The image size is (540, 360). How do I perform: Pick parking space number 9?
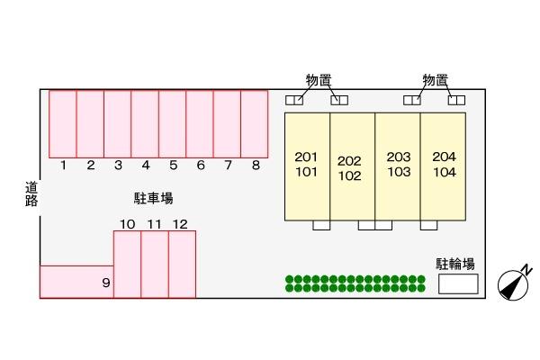(x=76, y=281)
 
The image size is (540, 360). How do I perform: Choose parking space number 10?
(x=127, y=264)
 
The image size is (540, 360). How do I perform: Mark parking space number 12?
(x=182, y=264)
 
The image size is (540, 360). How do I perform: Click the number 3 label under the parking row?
(x=118, y=165)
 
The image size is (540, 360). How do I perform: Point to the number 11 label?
(x=154, y=223)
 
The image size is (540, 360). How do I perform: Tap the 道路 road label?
(x=31, y=193)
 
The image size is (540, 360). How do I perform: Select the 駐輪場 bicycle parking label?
(x=455, y=264)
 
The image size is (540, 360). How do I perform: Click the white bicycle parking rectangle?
(x=458, y=284)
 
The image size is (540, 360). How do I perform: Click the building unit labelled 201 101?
(x=307, y=166)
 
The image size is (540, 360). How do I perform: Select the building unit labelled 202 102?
(x=352, y=166)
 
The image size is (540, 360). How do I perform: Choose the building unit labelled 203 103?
(x=398, y=166)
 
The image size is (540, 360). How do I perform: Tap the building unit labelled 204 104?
(x=444, y=166)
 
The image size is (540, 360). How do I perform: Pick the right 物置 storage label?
(x=436, y=80)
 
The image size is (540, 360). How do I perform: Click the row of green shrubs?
(x=355, y=283)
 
